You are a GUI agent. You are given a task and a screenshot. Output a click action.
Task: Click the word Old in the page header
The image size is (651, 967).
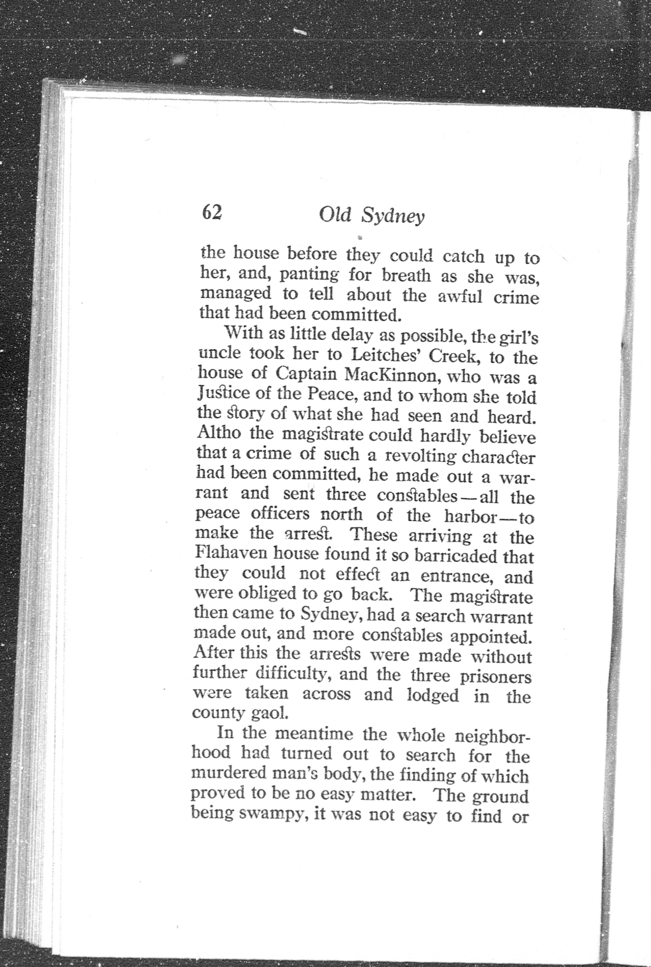[335, 215]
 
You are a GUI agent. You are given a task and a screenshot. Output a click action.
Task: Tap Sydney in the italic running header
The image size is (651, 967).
[393, 217]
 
